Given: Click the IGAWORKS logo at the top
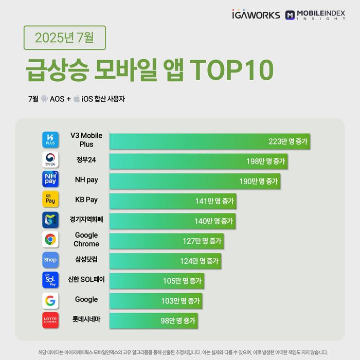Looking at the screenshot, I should tap(256, 14).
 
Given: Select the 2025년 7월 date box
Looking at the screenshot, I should tap(64, 38).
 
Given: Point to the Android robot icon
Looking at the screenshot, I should tap(44, 99).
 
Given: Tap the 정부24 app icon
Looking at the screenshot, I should tap(50, 160).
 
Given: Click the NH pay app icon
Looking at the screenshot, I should tap(50, 179).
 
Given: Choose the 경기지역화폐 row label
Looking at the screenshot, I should tap(86, 220).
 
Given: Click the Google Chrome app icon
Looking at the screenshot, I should tap(50, 239).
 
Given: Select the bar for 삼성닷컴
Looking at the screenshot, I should tap(165, 261).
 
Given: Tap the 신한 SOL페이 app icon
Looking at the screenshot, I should tap(50, 280).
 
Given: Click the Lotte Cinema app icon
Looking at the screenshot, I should tap(50, 320).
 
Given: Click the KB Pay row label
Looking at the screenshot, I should tap(86, 199).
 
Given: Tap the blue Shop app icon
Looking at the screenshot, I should tap(50, 260).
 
